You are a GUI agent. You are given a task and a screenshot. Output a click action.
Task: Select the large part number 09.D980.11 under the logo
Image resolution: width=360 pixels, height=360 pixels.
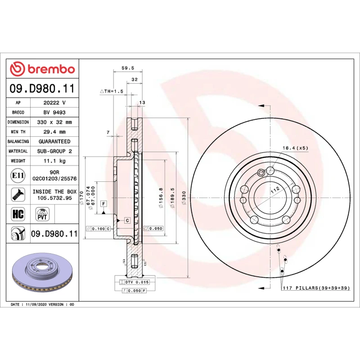pyautogui.click(x=42, y=88)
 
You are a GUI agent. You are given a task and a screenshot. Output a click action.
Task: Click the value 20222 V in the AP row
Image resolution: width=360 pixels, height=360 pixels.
pyautogui.click(x=54, y=103)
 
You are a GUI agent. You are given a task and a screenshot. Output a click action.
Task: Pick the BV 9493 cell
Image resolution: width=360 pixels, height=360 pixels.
pyautogui.click(x=54, y=112)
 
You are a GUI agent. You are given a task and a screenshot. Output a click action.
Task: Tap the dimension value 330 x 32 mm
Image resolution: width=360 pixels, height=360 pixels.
pyautogui.click(x=54, y=122)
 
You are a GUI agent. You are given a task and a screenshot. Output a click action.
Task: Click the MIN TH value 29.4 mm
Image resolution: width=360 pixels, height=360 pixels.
pyautogui.click(x=54, y=132)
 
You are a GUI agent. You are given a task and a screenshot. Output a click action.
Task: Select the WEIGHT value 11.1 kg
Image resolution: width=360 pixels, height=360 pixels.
pyautogui.click(x=54, y=161)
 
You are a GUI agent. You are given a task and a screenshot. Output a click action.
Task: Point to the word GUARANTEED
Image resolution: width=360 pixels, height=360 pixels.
pyautogui.click(x=54, y=141)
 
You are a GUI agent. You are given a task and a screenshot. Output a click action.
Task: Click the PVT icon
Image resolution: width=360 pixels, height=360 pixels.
pyautogui.click(x=42, y=213)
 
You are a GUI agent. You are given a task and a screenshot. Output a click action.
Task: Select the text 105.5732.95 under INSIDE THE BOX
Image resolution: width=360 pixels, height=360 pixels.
pyautogui.click(x=54, y=198)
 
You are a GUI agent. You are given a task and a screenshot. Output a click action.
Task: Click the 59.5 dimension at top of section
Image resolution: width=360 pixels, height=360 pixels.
pyautogui.click(x=128, y=68)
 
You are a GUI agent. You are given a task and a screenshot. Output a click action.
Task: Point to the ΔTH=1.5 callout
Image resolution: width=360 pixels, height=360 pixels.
pyautogui.click(x=111, y=91)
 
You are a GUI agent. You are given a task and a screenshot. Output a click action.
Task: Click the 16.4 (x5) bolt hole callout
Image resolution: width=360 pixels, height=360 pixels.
pyautogui.click(x=295, y=148)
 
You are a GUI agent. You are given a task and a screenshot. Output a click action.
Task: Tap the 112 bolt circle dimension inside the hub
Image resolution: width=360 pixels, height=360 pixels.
pyautogui.click(x=275, y=190)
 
